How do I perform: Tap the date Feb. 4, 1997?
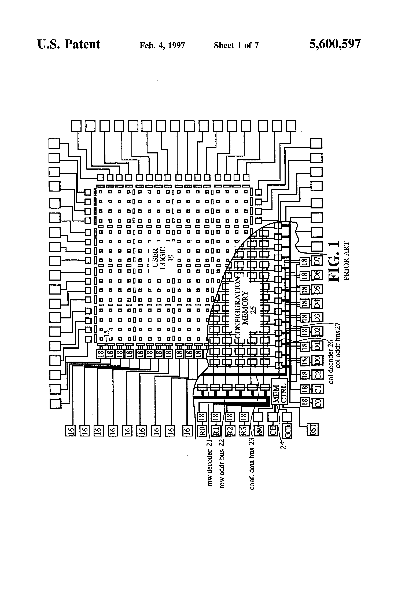(162, 46)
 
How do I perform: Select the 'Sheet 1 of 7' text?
(236, 46)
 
